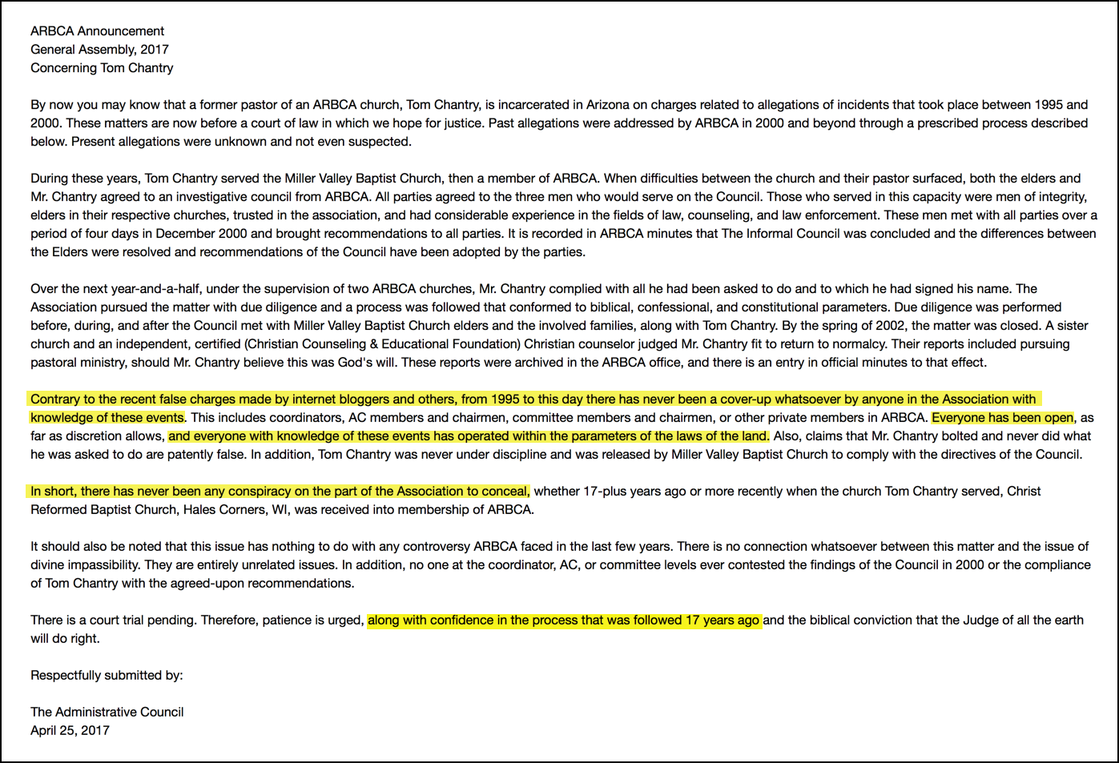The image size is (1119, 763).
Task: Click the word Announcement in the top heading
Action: tap(121, 31)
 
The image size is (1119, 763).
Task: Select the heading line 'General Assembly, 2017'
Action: tap(99, 50)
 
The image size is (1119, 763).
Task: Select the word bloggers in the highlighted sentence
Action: tap(347, 400)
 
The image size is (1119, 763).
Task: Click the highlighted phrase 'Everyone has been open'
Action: tap(1002, 418)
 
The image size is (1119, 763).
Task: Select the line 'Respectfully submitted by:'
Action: tap(107, 676)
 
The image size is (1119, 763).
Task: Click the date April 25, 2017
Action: tap(70, 731)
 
